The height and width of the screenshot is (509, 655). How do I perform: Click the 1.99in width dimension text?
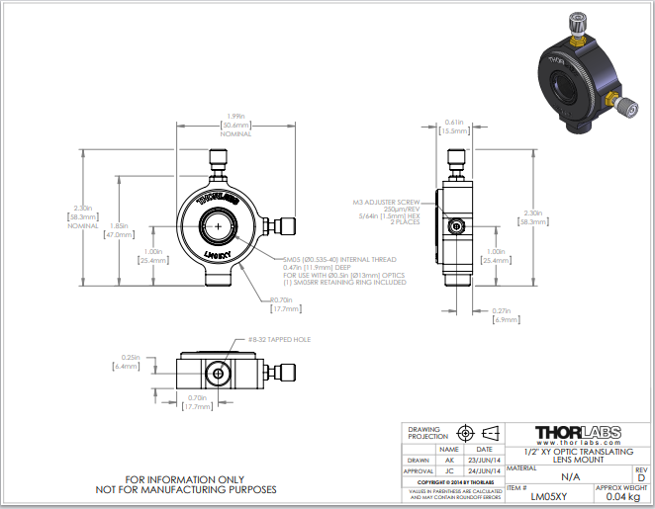[235, 117]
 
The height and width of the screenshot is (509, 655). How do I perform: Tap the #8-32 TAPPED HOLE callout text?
[278, 339]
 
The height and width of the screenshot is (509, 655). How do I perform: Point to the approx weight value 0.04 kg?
[623, 496]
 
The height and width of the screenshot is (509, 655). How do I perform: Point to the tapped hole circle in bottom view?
[218, 375]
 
